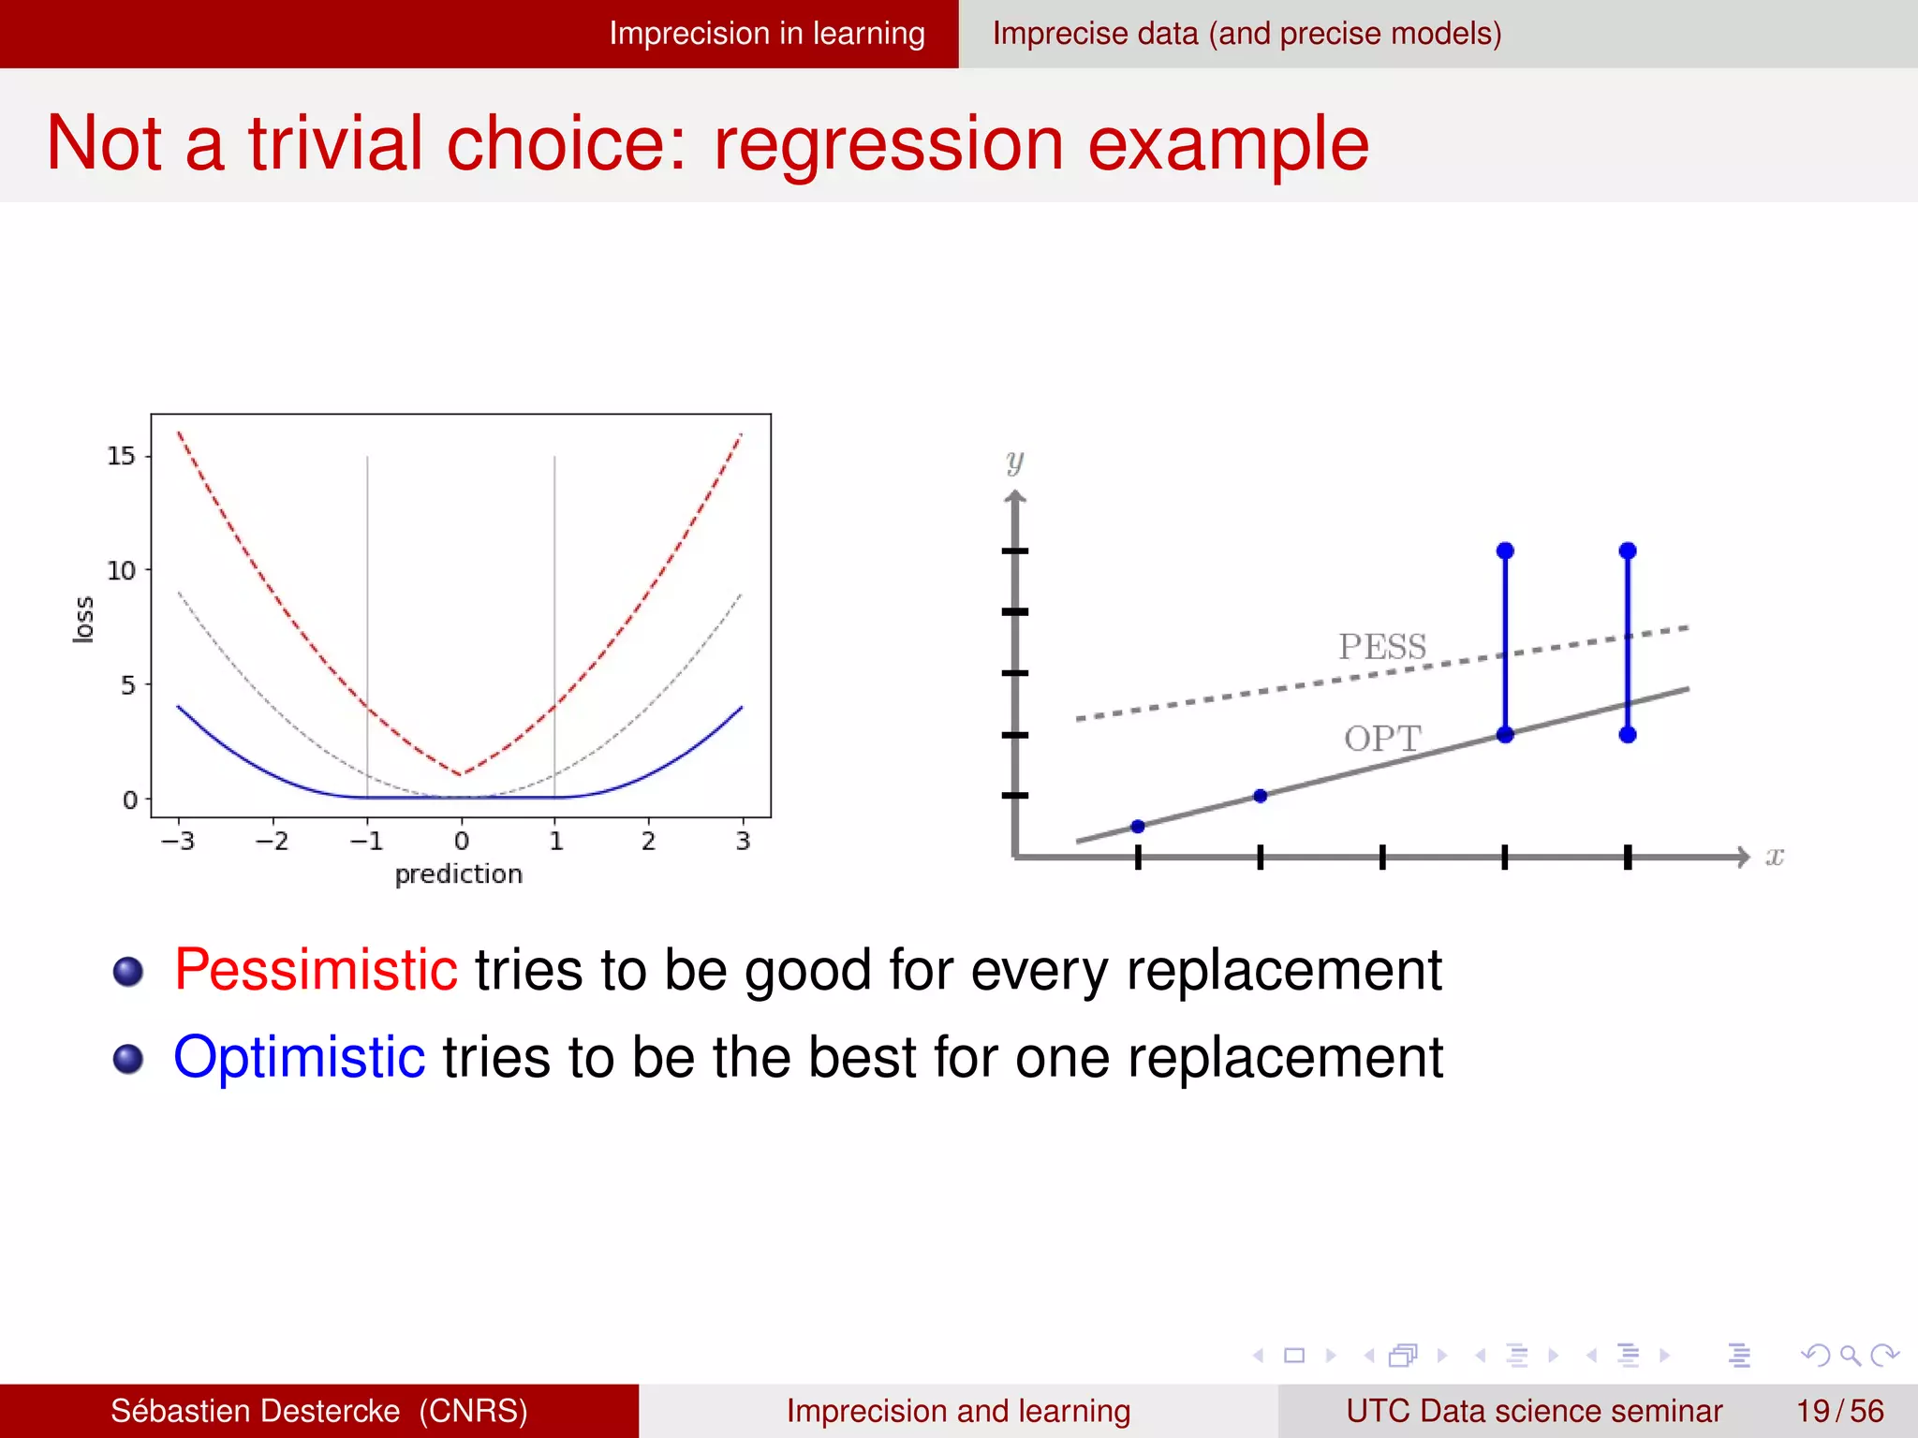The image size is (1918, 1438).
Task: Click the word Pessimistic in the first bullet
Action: point(316,969)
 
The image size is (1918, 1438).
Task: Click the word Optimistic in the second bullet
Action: point(300,1057)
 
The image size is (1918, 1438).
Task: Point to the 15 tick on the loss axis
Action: point(121,456)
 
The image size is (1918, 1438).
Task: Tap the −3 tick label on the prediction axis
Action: point(177,841)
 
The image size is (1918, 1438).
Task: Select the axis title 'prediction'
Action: point(458,874)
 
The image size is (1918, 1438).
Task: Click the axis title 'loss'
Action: point(84,619)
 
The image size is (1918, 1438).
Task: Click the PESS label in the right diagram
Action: point(1382,647)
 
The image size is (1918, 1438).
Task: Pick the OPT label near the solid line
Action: point(1382,739)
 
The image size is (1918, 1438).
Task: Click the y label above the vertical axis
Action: point(1015,462)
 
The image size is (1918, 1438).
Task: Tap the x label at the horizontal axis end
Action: point(1774,856)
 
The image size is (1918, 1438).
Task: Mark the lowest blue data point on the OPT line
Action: point(1138,826)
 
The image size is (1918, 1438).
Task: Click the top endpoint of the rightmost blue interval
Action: point(1628,550)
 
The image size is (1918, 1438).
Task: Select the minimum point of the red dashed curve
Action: point(461,774)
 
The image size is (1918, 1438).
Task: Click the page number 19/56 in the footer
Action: point(1839,1411)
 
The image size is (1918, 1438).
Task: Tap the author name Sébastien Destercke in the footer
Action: point(255,1411)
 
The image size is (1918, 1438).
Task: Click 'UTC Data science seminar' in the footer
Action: point(1533,1411)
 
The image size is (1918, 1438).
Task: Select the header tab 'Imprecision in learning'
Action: point(766,34)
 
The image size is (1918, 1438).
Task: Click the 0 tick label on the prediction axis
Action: point(461,841)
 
